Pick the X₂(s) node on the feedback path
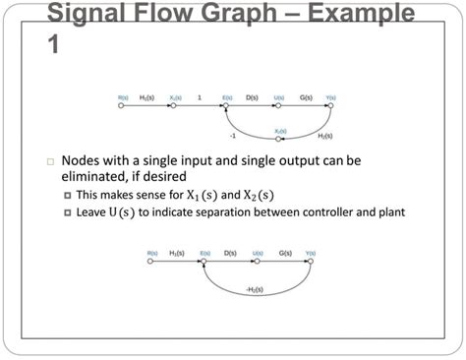pyautogui.click(x=280, y=138)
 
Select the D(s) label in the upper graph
pyautogui.click(x=252, y=97)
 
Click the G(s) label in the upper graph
pyautogui.click(x=306, y=97)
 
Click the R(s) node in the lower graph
pyautogui.click(x=152, y=261)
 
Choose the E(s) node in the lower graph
pyautogui.click(x=204, y=261)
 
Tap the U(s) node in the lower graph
pyautogui.click(x=257, y=261)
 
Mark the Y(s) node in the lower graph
pyautogui.click(x=310, y=261)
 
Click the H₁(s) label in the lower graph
pyautogui.click(x=178, y=253)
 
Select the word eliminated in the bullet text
pyautogui.click(x=102, y=177)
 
